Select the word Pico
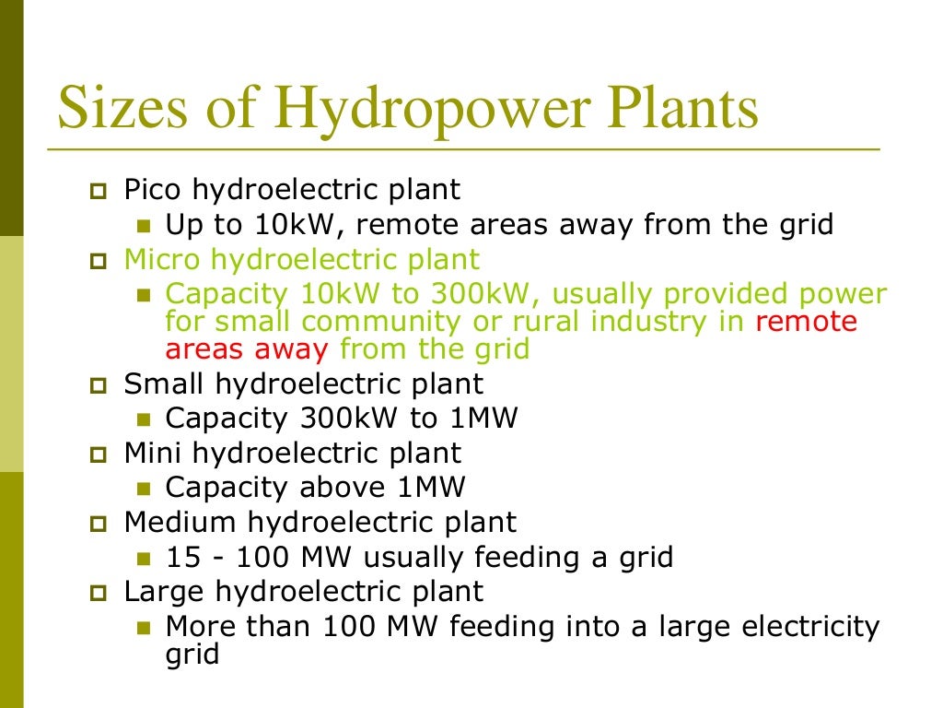click(x=153, y=190)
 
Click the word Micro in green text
click(x=157, y=259)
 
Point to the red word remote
click(x=806, y=322)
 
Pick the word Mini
click(x=153, y=453)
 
